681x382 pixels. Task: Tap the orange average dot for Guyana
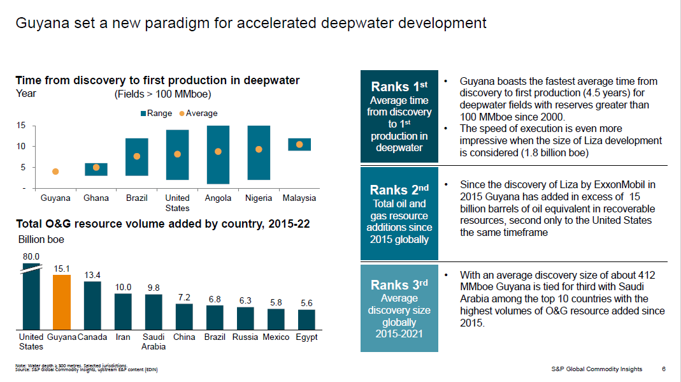[x=55, y=172]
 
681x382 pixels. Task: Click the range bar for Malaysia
[x=299, y=144]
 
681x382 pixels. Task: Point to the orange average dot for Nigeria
[x=259, y=149]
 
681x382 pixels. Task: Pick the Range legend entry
[x=156, y=114]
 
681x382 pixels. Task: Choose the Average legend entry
[x=198, y=114]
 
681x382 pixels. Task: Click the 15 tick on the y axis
[x=21, y=126]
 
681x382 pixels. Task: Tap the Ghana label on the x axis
[x=96, y=198]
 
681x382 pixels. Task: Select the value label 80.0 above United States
[x=31, y=256]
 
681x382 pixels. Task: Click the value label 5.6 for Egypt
[x=306, y=304]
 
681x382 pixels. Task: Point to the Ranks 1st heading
[x=399, y=86]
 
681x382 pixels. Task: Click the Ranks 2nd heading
[x=399, y=189]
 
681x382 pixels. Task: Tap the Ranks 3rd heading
[x=399, y=284]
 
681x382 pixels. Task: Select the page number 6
[x=664, y=369]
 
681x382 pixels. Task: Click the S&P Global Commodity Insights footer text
[x=596, y=369]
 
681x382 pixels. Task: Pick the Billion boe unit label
[x=41, y=240]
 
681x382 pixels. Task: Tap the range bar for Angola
[x=218, y=154]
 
